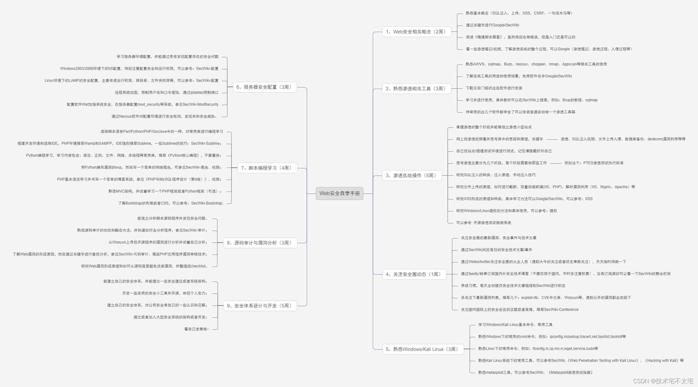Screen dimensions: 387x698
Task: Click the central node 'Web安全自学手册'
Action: tap(339, 193)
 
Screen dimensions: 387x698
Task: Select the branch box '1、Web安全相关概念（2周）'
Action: tap(416, 32)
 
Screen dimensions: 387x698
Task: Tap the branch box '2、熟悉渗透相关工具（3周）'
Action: tap(416, 89)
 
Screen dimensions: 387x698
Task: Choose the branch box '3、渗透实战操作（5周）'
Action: tap(412, 176)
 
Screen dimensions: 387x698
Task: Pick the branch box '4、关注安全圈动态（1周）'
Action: tap(414, 274)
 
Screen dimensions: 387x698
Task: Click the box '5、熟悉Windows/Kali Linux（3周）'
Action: tap(423, 349)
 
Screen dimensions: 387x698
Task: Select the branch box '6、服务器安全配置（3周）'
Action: tap(265, 87)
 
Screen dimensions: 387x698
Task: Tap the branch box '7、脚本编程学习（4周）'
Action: tap(267, 168)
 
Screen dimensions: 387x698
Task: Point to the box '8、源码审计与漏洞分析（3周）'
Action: tap(260, 243)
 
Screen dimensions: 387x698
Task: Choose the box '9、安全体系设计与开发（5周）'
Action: tap(260, 306)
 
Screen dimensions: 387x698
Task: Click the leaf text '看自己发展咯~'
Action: tap(196, 329)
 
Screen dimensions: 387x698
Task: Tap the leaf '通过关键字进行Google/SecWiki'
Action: tap(493, 25)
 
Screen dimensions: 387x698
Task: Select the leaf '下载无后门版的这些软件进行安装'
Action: tap(494, 88)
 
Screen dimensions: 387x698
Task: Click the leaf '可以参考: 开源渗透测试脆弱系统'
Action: tap(484, 223)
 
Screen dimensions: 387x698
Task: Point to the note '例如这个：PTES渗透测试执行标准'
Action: tap(594, 163)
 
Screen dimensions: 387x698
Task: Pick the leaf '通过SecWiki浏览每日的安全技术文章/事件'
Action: tap(497, 250)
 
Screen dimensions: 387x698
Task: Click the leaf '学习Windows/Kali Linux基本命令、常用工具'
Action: tap(515, 325)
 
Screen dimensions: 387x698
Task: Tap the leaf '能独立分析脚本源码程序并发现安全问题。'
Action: tap(172, 218)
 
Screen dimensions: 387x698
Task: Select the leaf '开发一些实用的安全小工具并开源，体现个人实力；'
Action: tap(165, 293)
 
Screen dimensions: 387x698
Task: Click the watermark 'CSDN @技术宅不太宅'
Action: tap(663, 381)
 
